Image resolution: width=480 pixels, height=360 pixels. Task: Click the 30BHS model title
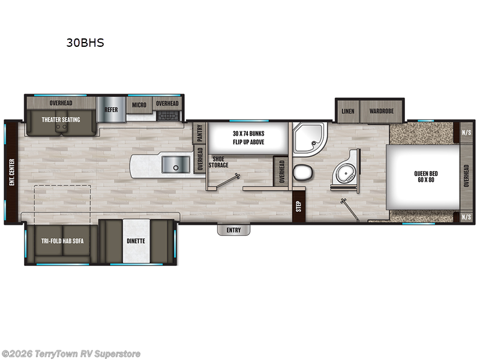pos(85,43)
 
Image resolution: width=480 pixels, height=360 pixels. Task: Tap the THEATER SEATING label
pos(61,119)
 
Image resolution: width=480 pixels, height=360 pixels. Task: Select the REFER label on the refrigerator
pos(111,110)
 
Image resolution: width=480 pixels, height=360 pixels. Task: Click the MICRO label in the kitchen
pos(139,104)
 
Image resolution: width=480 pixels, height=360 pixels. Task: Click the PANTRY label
pos(200,133)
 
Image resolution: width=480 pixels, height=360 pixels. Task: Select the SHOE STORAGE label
pos(219,162)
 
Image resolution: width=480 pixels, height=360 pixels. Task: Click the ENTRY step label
pos(233,230)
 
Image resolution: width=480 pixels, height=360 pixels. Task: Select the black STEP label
pos(298,206)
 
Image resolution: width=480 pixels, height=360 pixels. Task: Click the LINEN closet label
pos(348,111)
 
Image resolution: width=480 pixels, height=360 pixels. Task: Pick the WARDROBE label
pos(381,111)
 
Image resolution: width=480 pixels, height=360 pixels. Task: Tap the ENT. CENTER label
pos(11,172)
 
